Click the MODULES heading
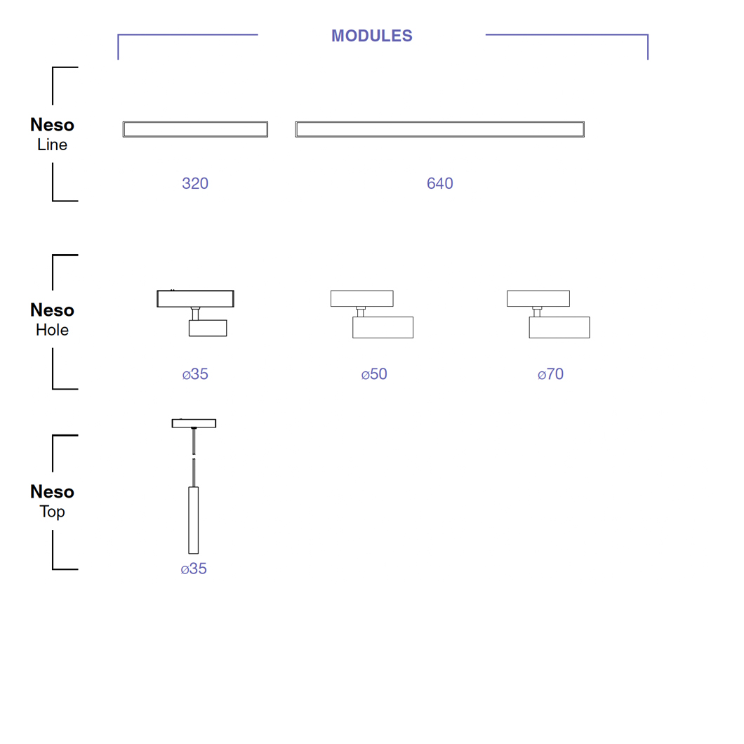371,36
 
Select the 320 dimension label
195,183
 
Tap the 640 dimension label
440,183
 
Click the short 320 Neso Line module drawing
195,129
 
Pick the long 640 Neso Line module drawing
439,129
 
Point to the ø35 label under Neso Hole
195,374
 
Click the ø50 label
374,374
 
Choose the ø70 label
551,374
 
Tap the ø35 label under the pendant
194,569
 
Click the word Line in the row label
52,145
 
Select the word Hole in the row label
52,330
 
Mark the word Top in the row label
52,512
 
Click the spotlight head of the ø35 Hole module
208,328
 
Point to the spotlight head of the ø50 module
383,328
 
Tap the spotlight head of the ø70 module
559,328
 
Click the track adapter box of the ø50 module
361,298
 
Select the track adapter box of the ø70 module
538,298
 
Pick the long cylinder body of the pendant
194,520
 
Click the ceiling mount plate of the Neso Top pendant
194,423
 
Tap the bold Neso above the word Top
52,492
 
